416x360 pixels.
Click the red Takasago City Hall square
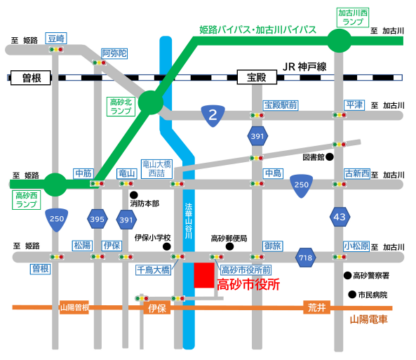(204, 275)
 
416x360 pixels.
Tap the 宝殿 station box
(257, 77)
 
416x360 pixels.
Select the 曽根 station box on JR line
(30, 78)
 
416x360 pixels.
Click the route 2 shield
(213, 116)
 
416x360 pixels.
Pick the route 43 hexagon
(340, 217)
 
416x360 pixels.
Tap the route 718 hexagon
(306, 258)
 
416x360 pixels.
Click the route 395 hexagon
(98, 219)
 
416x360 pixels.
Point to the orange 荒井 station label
(317, 307)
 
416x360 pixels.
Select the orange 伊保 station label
(157, 308)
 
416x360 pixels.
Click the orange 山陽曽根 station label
(74, 307)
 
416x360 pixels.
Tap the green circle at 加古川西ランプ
(340, 41)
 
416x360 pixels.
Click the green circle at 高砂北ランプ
(151, 102)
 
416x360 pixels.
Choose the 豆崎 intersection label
(56, 38)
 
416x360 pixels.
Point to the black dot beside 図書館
(330, 157)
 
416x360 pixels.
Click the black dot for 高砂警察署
(347, 275)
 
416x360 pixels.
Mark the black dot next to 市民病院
(351, 295)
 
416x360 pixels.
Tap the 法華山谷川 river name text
(189, 221)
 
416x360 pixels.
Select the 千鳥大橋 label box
(154, 270)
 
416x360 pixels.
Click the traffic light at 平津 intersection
(340, 115)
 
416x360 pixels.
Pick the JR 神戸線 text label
(304, 67)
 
